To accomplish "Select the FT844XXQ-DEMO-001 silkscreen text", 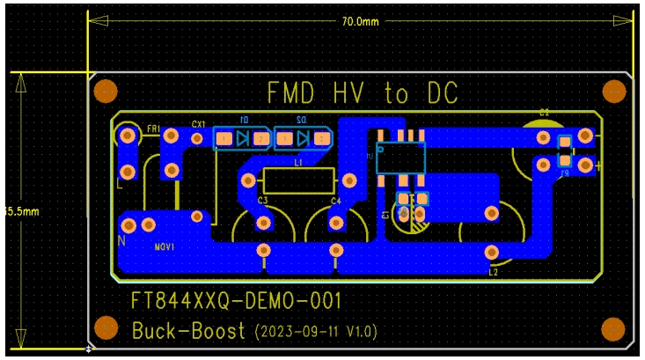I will point(236,302).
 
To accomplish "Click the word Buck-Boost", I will point(188,332).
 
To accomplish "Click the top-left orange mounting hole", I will point(106,91).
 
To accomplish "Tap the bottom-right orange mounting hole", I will point(612,329).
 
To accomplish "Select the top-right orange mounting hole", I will point(612,91).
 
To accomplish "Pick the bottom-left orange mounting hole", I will point(106,329).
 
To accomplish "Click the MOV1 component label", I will point(165,247).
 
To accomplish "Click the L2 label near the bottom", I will point(493,272).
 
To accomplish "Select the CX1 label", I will point(198,124).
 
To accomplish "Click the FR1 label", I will point(153,129).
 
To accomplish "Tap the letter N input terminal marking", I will point(121,240).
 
